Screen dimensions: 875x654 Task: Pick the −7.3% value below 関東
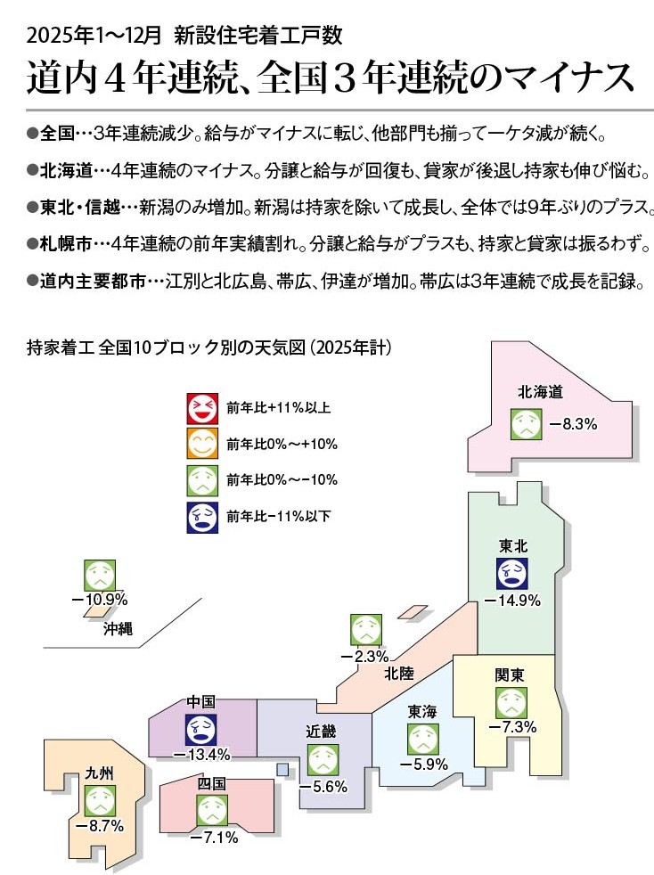[511, 728]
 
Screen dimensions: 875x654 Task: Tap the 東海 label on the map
[422, 711]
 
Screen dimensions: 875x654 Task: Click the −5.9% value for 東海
[422, 765]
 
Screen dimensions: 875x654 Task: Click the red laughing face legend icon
[201, 408]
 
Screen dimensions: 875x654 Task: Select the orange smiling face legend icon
[201, 444]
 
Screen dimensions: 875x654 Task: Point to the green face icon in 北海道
[527, 423]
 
